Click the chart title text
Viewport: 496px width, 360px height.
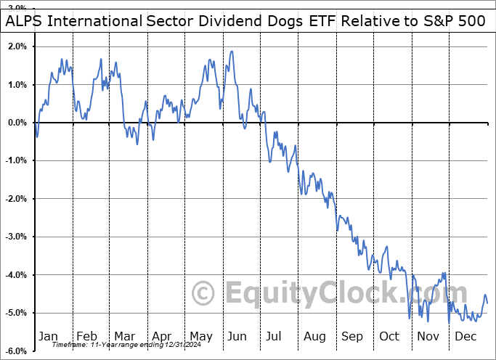pyautogui.click(x=247, y=20)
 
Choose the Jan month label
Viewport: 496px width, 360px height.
pyautogui.click(x=48, y=337)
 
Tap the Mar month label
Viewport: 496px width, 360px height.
pyautogui.click(x=123, y=337)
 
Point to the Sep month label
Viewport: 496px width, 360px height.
pyautogui.click(x=352, y=337)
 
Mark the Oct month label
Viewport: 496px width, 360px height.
pyautogui.click(x=390, y=337)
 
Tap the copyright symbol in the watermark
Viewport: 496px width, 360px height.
pyautogui.click(x=203, y=294)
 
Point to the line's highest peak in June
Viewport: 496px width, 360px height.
pyautogui.click(x=232, y=51)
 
